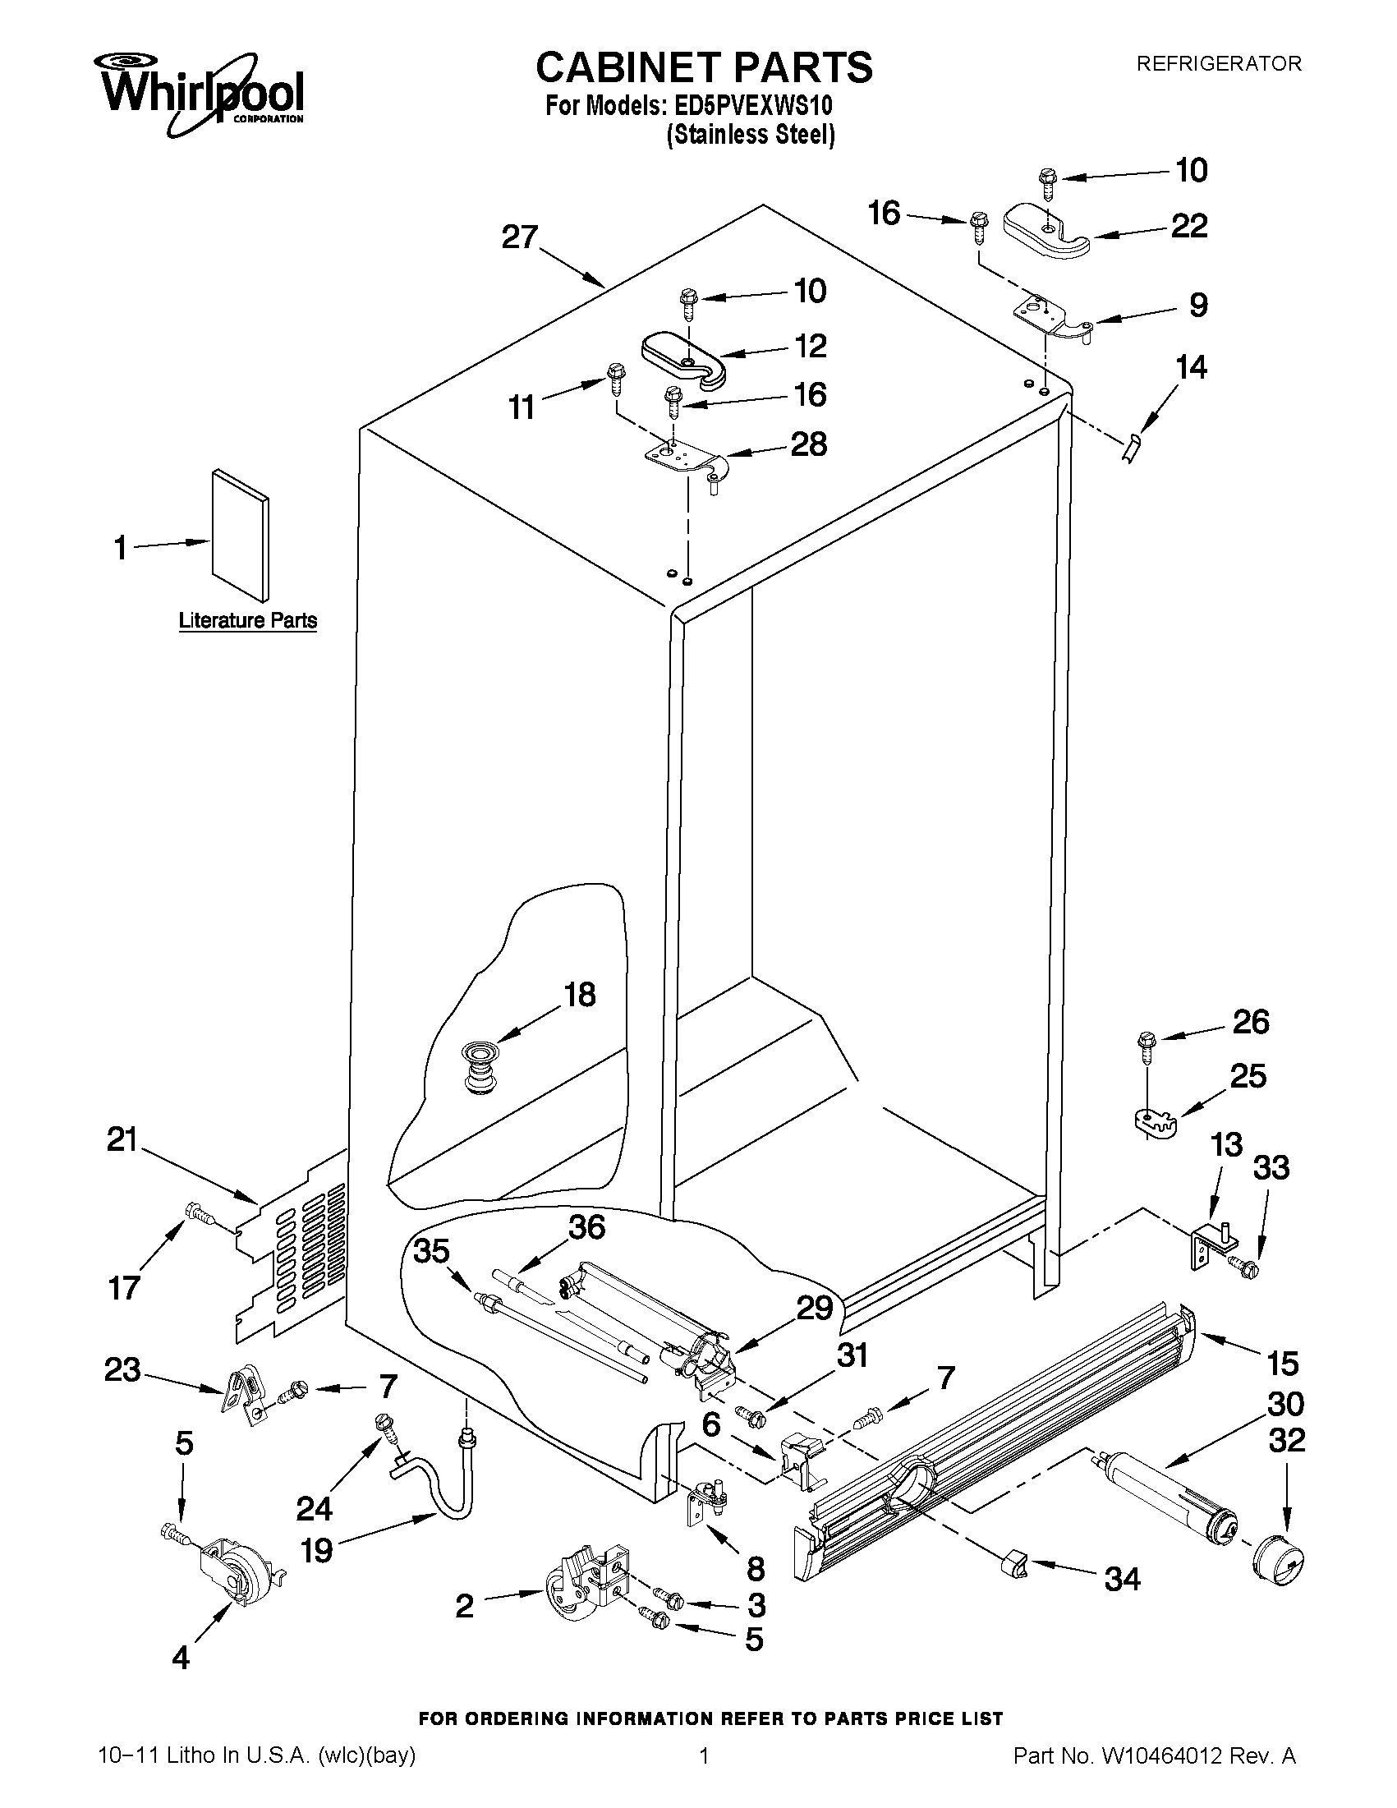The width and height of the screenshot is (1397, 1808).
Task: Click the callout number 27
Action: click(521, 237)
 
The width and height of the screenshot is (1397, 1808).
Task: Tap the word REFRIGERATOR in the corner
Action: click(1218, 64)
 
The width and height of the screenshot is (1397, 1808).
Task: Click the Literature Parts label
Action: click(247, 620)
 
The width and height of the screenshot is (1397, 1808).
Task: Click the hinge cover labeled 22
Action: click(1047, 233)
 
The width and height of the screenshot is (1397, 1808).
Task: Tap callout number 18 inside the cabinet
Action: click(579, 995)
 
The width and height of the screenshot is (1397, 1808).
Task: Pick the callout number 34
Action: click(1122, 1580)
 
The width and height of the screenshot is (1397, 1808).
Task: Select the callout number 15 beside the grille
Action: click(1282, 1363)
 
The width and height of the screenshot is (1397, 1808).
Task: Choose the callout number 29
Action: click(815, 1308)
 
